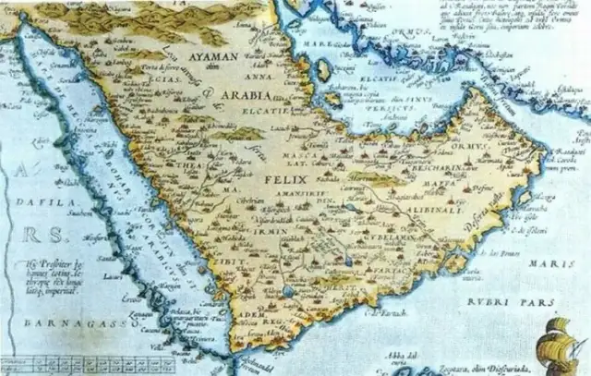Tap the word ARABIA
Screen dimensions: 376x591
(244, 95)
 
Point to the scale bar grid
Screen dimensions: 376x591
(74, 363)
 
